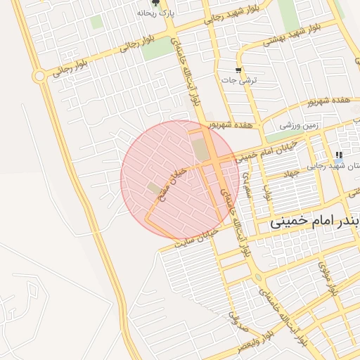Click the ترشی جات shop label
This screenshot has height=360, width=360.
click(x=240, y=81)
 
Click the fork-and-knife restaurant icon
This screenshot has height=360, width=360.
click(x=339, y=155)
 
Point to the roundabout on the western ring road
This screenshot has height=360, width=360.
click(x=39, y=75)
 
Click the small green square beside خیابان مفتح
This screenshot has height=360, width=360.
click(x=153, y=188)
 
